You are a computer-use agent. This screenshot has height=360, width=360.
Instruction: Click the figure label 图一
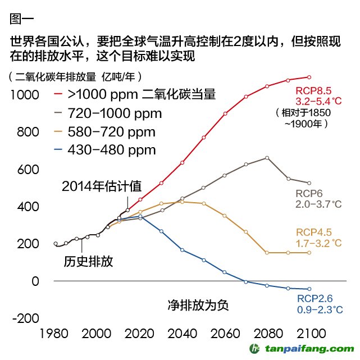22,19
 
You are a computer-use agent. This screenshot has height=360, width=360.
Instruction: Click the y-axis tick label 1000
24,95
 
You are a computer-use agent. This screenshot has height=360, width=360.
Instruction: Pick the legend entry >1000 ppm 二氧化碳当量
141,94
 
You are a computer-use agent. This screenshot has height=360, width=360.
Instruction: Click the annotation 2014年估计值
102,186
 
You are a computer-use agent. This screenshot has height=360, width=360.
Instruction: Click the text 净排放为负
199,305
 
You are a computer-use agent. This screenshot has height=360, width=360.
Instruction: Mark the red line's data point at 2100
308,77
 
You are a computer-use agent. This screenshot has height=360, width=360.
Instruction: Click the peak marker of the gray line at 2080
267,158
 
